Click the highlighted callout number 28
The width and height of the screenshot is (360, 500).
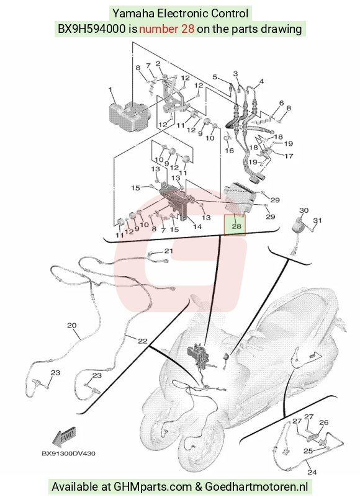tap(236, 226)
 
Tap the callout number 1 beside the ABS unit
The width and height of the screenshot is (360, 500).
tap(110, 89)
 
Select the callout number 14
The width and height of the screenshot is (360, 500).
tap(197, 226)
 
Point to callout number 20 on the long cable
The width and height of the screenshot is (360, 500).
tap(72, 325)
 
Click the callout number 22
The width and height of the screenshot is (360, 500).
tap(143, 341)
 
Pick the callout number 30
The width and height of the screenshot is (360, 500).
tap(304, 210)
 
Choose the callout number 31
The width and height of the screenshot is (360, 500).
tap(318, 220)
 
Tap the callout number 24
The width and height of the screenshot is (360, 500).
tap(312, 471)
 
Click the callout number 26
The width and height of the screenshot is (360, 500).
tap(323, 422)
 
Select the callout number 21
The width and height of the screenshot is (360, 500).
tap(168, 251)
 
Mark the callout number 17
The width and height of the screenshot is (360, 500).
tap(289, 156)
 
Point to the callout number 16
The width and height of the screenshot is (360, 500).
tap(230, 150)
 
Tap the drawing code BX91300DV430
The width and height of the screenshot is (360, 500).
tap(68, 453)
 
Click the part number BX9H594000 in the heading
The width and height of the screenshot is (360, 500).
tap(92, 29)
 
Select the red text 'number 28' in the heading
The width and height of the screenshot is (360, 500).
tap(166, 29)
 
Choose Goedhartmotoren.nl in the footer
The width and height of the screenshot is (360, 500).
tap(256, 487)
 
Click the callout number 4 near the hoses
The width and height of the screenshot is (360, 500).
tap(261, 81)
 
